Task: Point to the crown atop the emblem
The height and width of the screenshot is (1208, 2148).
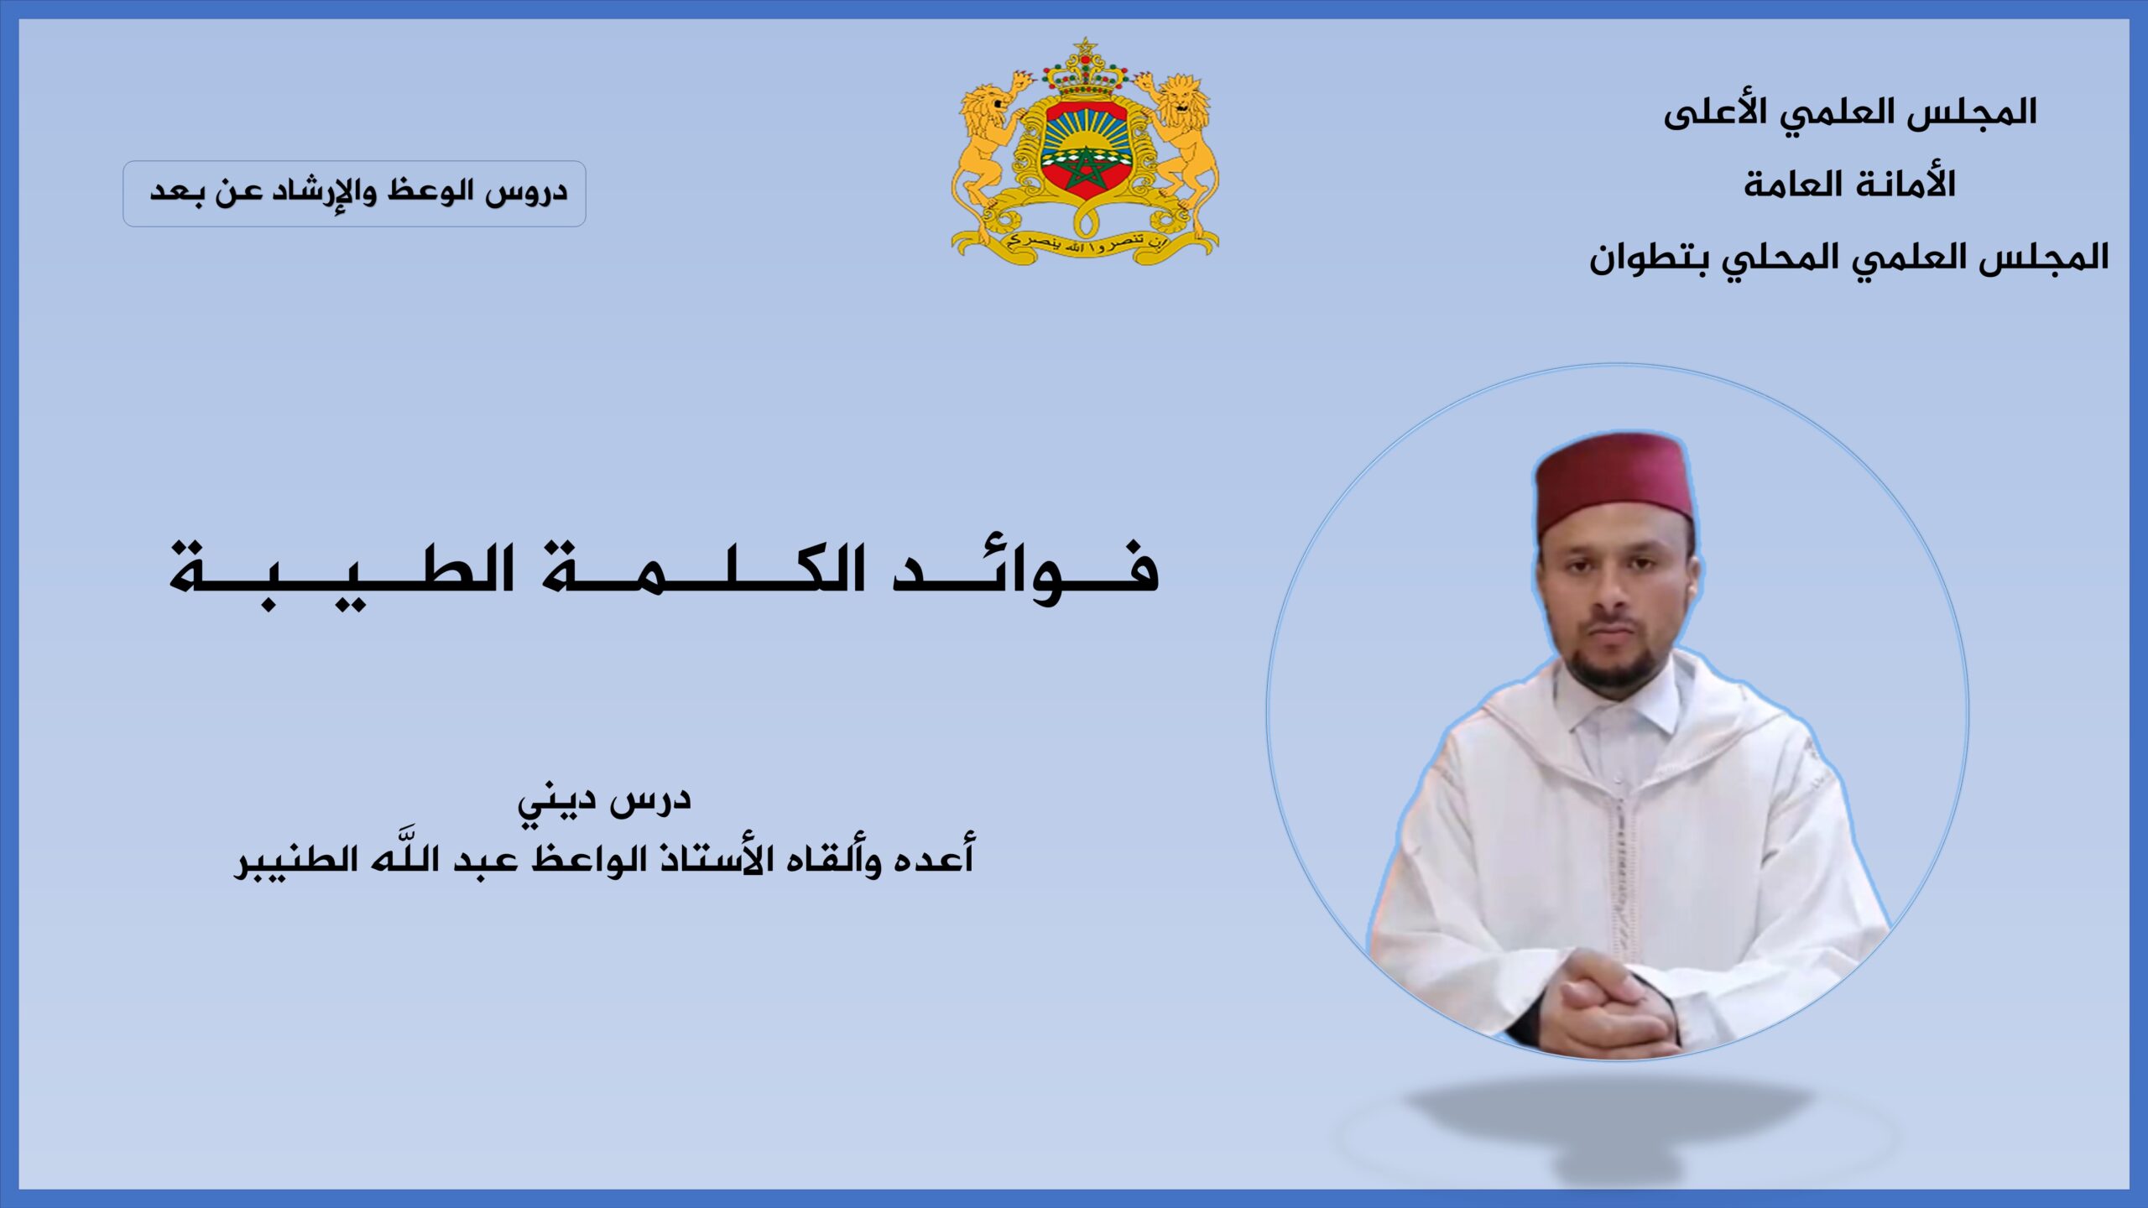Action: coord(1085,67)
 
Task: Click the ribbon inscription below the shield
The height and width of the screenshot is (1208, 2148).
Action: coord(1085,243)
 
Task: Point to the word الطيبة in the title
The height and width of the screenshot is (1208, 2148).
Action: coord(343,574)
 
